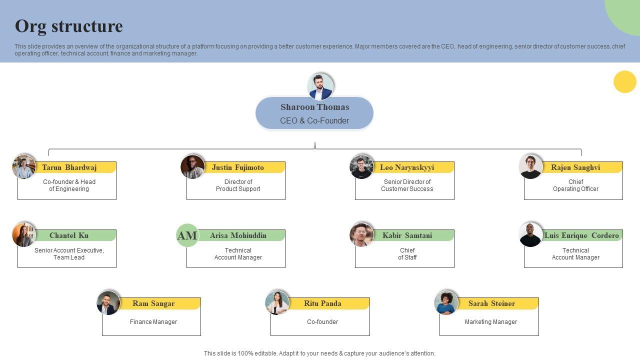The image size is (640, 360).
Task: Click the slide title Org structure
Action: pyautogui.click(x=69, y=26)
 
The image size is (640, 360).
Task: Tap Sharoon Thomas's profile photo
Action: pyautogui.click(x=320, y=86)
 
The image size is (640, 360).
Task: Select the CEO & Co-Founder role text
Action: pyautogui.click(x=314, y=120)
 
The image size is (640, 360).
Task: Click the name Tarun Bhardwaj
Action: pyautogui.click(x=69, y=167)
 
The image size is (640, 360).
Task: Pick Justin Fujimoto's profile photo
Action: pyautogui.click(x=192, y=166)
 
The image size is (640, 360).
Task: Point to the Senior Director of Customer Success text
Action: pyautogui.click(x=407, y=185)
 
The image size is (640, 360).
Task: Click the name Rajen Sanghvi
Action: pyautogui.click(x=575, y=167)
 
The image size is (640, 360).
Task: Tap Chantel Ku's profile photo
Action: pyautogui.click(x=24, y=234)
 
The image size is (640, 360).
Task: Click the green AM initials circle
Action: pyautogui.click(x=187, y=235)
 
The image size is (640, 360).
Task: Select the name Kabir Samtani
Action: pyautogui.click(x=407, y=235)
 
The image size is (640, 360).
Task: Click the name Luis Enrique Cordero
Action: pyautogui.click(x=581, y=235)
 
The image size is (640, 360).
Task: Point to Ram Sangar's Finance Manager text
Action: pyautogui.click(x=153, y=322)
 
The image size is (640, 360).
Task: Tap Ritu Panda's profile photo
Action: pyautogui.click(x=277, y=302)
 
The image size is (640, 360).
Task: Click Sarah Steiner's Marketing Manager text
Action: pyautogui.click(x=491, y=322)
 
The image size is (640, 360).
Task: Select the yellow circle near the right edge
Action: pyautogui.click(x=624, y=81)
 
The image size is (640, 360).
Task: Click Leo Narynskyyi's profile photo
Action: pyautogui.click(x=361, y=166)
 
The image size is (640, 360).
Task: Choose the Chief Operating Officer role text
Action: pyautogui.click(x=575, y=185)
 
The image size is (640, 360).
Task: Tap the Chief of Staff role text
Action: pyautogui.click(x=407, y=254)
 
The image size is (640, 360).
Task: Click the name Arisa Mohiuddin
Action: pyautogui.click(x=238, y=235)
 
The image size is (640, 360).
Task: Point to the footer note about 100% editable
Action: pyautogui.click(x=319, y=353)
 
